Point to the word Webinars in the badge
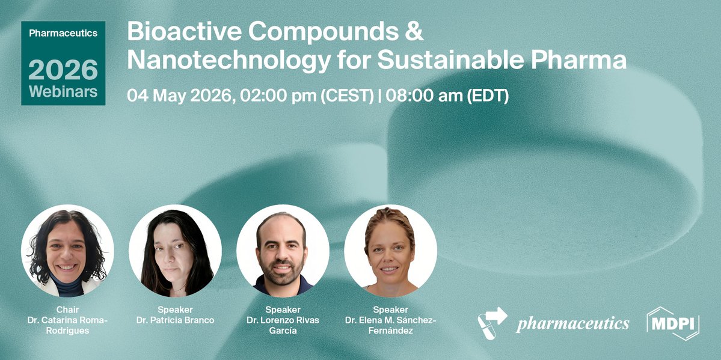(x=63, y=92)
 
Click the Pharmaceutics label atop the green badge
(x=63, y=34)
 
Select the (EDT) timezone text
(x=488, y=96)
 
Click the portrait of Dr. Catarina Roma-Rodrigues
(x=67, y=251)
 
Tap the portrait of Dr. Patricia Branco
(x=175, y=251)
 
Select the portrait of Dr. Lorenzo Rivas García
(x=283, y=251)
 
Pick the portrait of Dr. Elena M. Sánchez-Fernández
(x=390, y=251)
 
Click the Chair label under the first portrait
(x=67, y=310)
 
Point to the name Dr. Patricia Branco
(x=175, y=320)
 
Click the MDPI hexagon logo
(x=673, y=324)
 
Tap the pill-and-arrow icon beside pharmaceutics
(x=492, y=323)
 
